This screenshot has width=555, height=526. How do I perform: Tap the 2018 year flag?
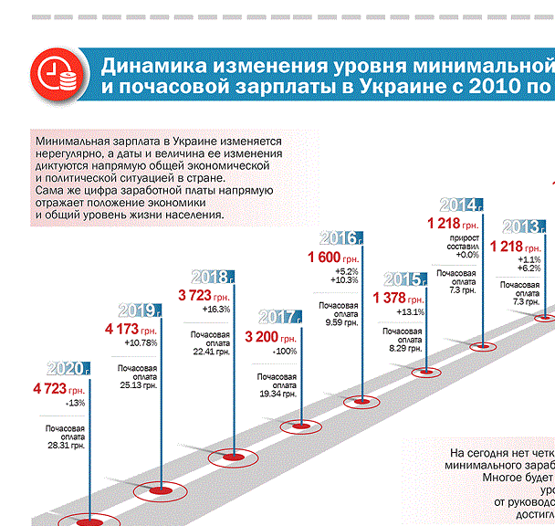click(x=213, y=277)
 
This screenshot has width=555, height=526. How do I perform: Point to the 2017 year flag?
click(x=280, y=317)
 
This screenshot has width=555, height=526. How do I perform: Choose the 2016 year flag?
click(x=340, y=238)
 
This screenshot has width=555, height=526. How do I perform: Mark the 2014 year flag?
click(x=461, y=204)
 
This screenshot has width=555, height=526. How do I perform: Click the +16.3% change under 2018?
click(x=216, y=310)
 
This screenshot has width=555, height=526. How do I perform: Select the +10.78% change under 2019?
click(x=141, y=342)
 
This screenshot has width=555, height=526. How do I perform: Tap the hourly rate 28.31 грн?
click(x=66, y=446)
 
